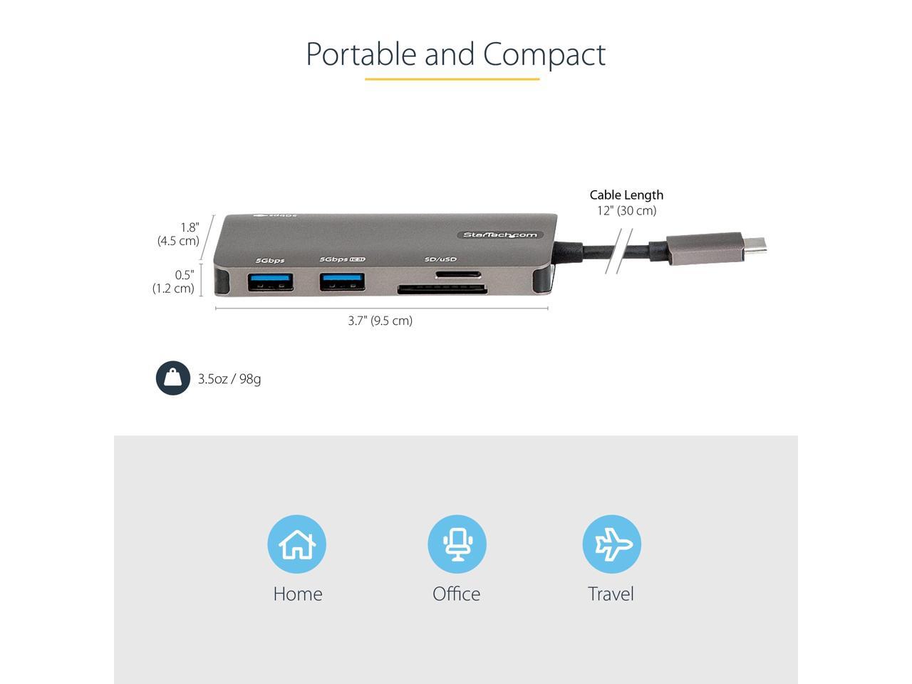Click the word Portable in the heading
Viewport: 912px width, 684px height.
[x=361, y=54]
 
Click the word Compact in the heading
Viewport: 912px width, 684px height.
[x=544, y=54]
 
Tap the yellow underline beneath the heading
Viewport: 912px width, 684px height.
[x=452, y=79]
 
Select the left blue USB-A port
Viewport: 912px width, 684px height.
[x=270, y=282]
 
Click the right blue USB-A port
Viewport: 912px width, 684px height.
[x=343, y=282]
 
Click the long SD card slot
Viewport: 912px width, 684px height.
[x=442, y=289]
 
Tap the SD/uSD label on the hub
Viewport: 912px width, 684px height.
[x=440, y=260]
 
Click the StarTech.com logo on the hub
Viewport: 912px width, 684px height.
[x=500, y=235]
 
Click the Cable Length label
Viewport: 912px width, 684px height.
[x=626, y=195]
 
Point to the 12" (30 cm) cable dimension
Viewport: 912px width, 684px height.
[x=626, y=210]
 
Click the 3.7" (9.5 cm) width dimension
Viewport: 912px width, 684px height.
[x=380, y=321]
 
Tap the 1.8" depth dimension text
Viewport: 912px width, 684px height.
[x=189, y=227]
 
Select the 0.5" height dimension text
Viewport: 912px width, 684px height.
[x=184, y=275]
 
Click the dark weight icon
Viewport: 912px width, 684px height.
[x=173, y=378]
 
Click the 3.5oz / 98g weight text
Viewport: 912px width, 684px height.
[x=229, y=379]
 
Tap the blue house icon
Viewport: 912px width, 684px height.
[x=296, y=544]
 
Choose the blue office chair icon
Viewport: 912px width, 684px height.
[x=457, y=544]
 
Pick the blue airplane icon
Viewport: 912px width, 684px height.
[x=611, y=544]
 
